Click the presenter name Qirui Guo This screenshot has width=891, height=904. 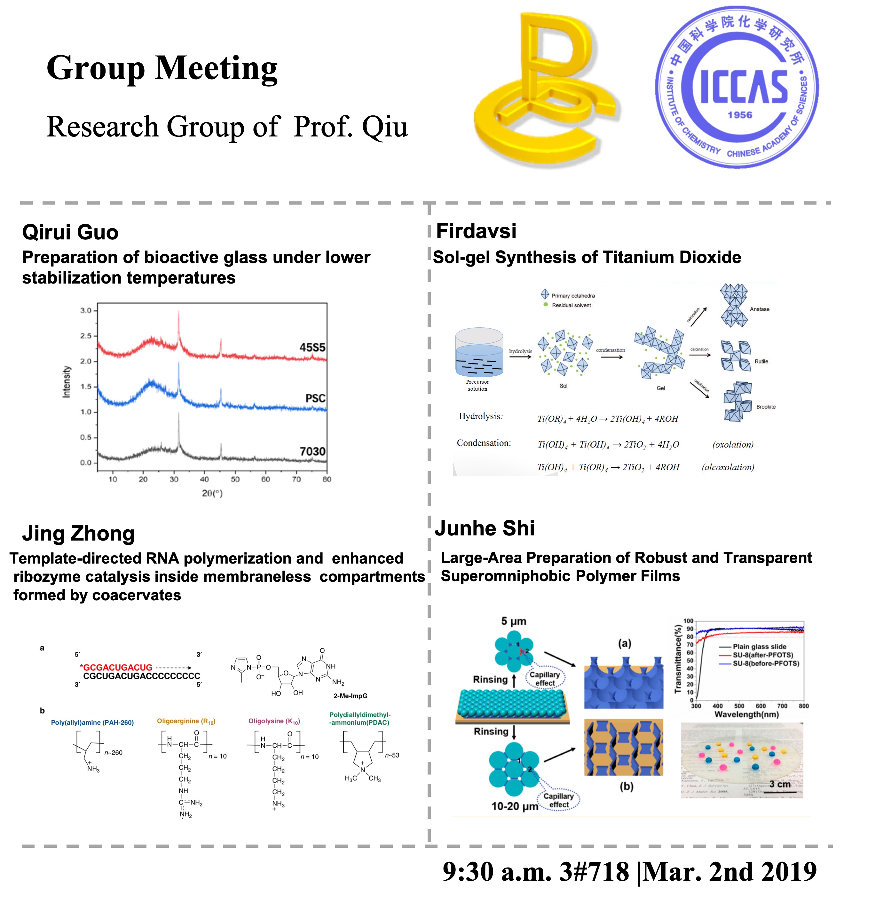[70, 232]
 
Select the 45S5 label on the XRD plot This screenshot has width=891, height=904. [312, 347]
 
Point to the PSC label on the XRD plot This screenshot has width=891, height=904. [315, 398]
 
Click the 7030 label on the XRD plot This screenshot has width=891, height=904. [312, 451]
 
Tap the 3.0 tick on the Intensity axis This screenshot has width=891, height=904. [86, 310]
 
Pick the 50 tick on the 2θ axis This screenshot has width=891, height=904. [235, 479]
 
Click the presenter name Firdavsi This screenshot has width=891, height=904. [476, 231]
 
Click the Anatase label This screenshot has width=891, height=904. [759, 309]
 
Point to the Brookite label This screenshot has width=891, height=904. [766, 407]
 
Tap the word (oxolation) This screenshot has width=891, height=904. [733, 444]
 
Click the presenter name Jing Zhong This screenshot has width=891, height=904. [78, 533]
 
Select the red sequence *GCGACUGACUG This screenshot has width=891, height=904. [116, 667]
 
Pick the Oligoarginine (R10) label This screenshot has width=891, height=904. [186, 721]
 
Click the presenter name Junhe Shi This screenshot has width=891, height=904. [484, 528]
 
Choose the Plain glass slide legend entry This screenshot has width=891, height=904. [759, 647]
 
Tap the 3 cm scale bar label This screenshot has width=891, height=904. [780, 784]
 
